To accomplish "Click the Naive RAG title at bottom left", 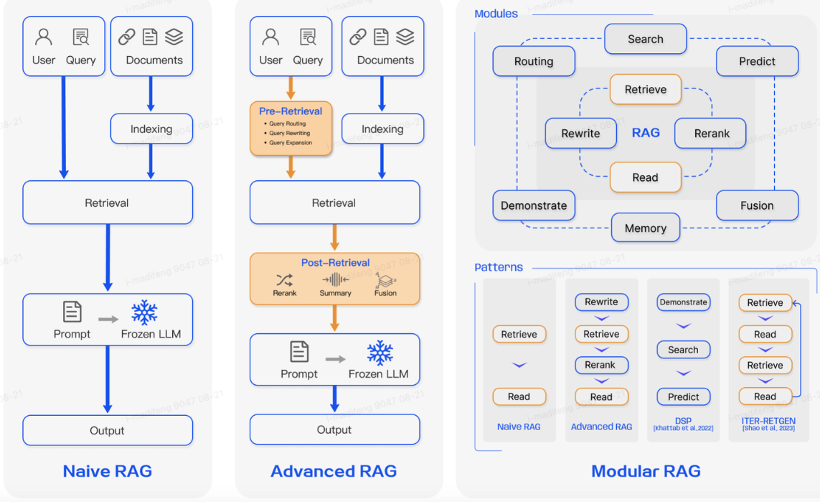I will pos(108,471).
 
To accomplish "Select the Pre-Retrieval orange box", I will pos(291,128).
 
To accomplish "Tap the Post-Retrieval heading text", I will pos(335,263).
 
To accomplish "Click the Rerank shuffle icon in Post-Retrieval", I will pos(284,280).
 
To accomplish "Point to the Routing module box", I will pos(534,61).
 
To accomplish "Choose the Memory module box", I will pos(645,228).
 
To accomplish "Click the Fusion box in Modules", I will pos(757,205).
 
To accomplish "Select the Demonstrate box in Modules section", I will pos(534,205).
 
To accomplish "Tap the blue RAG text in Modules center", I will pos(646,133).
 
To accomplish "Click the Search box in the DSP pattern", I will pos(683,350).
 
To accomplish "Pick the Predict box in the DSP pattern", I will pos(683,396).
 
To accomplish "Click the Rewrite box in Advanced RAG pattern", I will pos(601,302).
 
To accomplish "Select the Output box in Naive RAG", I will pos(108,430).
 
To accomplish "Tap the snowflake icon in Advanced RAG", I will pos(380,353).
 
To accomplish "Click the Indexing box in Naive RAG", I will pos(151,129).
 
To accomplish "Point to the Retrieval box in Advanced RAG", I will pos(334,203).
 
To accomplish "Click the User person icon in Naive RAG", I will pos(44,37).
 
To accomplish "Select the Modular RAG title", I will pos(646,471).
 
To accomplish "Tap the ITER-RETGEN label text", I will pos(765,421).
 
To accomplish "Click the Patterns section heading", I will pos(499,267).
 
